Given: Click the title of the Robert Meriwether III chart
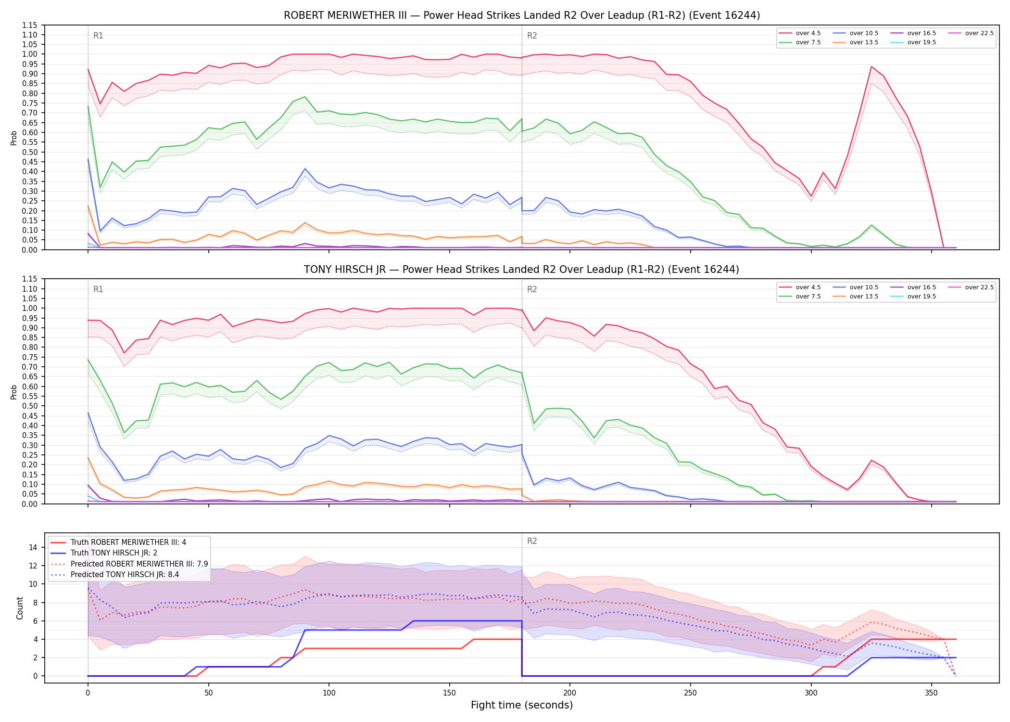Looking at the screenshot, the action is pos(522,15).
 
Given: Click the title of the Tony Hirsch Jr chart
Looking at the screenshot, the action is pos(522,270).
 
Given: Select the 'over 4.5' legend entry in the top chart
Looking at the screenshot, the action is pos(800,33).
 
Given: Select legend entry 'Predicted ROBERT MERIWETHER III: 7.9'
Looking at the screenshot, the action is pos(129,564).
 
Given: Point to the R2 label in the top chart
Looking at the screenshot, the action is pos(532,36).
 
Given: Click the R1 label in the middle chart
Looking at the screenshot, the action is pos(98,289).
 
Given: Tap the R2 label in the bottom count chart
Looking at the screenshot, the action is pos(532,541).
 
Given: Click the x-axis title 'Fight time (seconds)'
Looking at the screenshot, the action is pos(522,705).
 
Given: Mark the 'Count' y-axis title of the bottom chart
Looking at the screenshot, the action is pos(20,608).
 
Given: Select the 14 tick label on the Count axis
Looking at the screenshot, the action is pos(34,547).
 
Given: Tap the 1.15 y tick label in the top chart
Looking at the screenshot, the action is pos(30,25).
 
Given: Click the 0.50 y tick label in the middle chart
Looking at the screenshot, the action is pos(30,406).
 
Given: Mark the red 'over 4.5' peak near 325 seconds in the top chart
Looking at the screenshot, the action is pos(871,67).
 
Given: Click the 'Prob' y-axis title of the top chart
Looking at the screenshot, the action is pos(14,138).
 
